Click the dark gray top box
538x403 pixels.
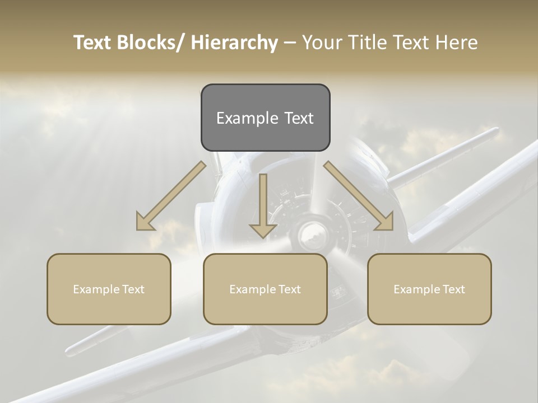tap(265, 118)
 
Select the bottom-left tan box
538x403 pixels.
tap(109, 289)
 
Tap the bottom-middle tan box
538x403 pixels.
tap(265, 289)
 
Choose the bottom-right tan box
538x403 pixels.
tap(429, 289)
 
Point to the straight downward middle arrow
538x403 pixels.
tap(263, 204)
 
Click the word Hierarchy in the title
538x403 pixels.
tap(234, 43)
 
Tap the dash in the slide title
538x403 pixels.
tap(289, 43)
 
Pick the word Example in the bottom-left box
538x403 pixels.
tap(96, 289)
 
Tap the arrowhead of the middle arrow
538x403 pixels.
tap(263, 230)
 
